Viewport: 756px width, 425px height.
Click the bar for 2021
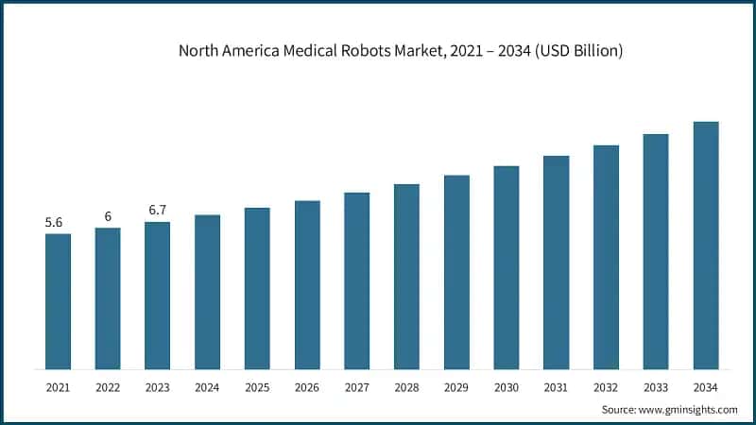tap(58, 301)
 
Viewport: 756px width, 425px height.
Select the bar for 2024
tap(207, 292)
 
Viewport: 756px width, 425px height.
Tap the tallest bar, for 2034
tap(706, 246)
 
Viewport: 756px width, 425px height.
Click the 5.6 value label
tap(54, 223)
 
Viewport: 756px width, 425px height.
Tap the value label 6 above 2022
tap(108, 216)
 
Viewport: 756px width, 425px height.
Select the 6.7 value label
tap(157, 210)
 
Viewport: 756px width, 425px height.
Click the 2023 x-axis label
tap(157, 387)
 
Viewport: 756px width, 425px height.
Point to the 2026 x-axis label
tap(307, 387)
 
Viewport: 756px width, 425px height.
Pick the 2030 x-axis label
tap(507, 387)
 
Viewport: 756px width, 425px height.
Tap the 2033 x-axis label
tap(656, 387)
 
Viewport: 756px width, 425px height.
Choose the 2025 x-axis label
tap(257, 387)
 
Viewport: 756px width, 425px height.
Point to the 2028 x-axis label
tap(406, 387)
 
